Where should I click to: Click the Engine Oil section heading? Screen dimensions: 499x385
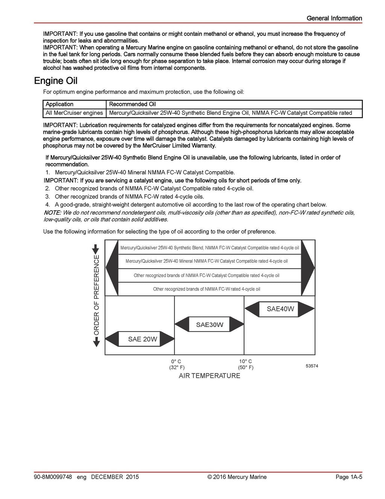[56, 81]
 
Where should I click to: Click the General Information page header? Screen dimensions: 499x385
[334, 18]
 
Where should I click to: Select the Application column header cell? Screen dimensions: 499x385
[59, 104]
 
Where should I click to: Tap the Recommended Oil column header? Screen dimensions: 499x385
[132, 104]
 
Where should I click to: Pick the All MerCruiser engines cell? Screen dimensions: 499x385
[74, 113]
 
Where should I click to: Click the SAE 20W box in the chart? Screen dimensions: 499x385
[142, 339]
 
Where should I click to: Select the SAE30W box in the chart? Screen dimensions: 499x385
[209, 324]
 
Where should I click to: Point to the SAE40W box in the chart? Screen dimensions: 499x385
[280, 309]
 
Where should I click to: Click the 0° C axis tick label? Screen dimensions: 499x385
[176, 361]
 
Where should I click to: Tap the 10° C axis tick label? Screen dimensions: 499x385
[246, 361]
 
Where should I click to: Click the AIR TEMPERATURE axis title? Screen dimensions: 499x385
[209, 376]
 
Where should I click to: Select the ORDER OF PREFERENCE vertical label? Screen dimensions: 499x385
[97, 295]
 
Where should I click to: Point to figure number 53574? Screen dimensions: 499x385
[312, 366]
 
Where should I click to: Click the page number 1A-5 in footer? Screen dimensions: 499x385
[349, 477]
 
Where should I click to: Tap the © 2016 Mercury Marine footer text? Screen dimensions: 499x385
[237, 477]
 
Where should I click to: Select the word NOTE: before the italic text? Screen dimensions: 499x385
[52, 213]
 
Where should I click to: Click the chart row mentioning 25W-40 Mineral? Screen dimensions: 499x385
[206, 261]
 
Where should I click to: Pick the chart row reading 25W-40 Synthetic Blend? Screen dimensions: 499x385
[209, 248]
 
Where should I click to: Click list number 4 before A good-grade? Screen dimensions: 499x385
[48, 205]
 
